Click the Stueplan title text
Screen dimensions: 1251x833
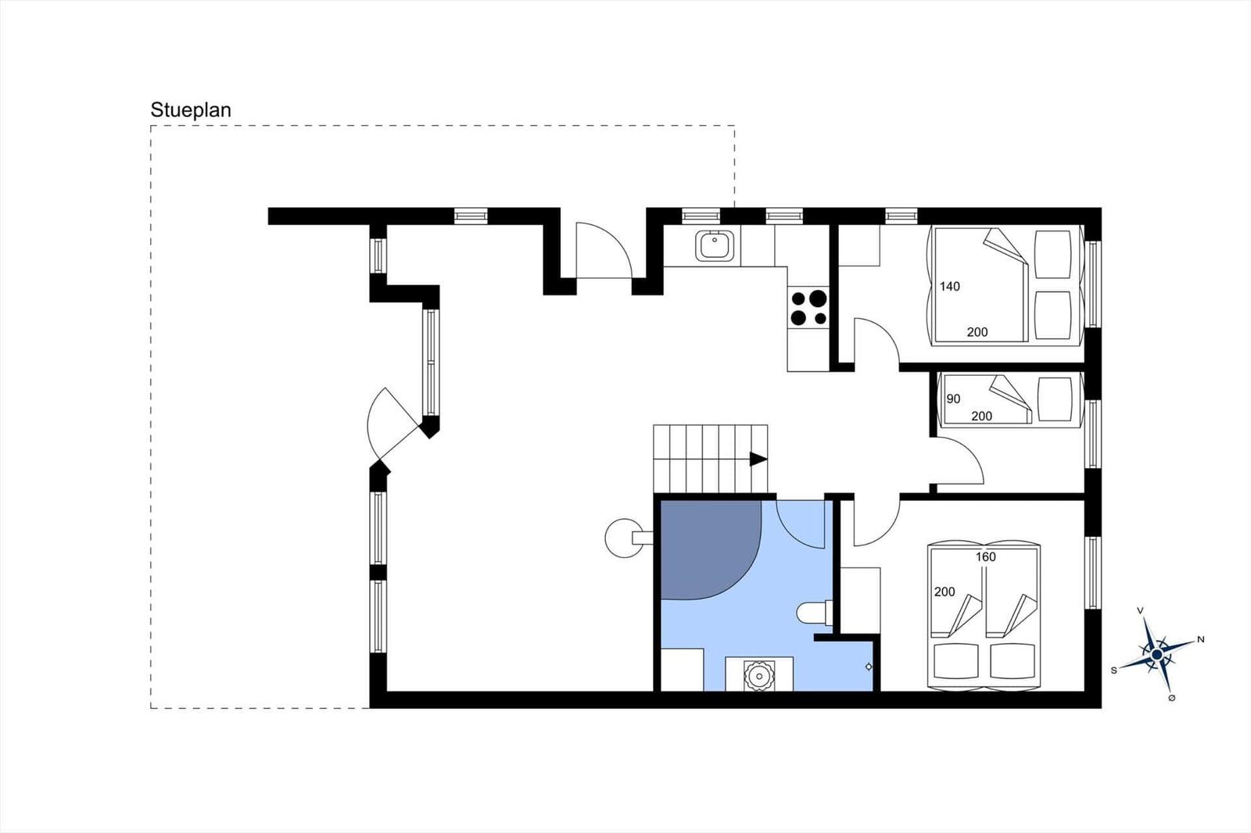191,110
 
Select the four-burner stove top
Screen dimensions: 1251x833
808,308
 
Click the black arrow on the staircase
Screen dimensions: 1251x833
758,459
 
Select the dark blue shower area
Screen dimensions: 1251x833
710,549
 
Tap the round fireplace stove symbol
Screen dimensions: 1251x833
625,538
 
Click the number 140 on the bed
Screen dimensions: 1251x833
949,287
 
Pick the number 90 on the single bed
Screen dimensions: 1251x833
953,399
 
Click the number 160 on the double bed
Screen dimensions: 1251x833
986,556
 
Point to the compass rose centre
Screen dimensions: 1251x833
1156,654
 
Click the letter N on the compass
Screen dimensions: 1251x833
1200,639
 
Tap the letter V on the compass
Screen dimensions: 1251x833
1141,611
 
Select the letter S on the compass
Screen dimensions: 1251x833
1113,670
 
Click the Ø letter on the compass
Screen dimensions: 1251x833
1172,698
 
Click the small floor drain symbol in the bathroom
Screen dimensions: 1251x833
869,667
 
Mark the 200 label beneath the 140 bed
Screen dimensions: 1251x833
977,332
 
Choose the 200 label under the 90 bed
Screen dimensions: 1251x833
982,416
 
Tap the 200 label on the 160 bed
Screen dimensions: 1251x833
945,592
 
